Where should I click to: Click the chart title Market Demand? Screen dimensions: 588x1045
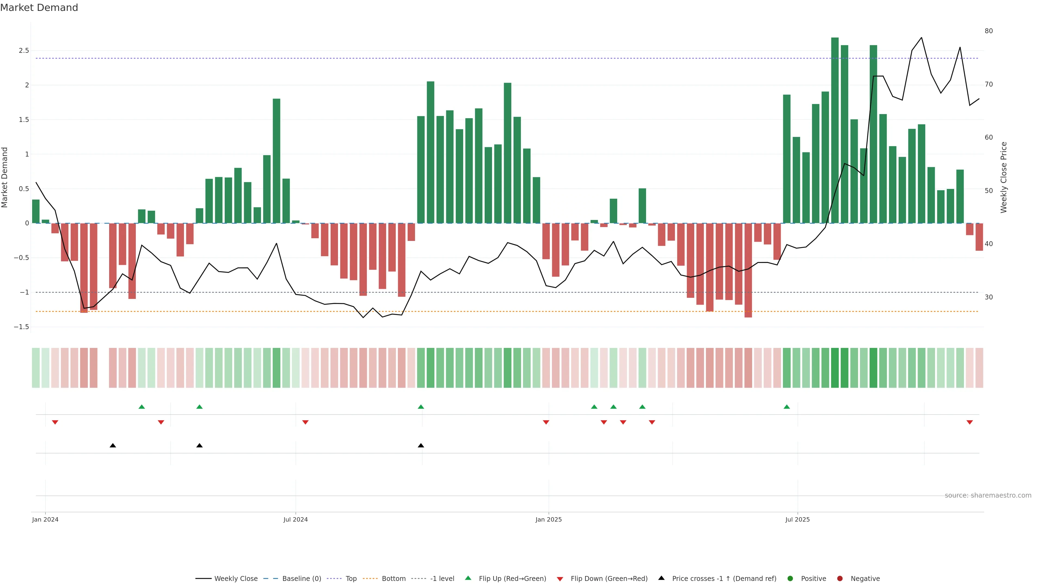click(x=39, y=8)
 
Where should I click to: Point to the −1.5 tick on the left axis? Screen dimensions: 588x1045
click(x=21, y=327)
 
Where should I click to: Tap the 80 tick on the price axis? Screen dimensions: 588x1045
click(x=989, y=31)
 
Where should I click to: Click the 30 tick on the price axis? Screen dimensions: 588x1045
click(x=989, y=297)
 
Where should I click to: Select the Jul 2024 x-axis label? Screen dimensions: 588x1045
click(x=295, y=519)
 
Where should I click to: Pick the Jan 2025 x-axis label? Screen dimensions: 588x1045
click(x=548, y=519)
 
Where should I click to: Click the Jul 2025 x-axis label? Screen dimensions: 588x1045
click(x=797, y=519)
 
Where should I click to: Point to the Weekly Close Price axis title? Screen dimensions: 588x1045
click(x=1004, y=177)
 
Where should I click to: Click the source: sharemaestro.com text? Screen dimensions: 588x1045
click(x=988, y=495)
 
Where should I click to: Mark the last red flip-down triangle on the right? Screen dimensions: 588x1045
click(x=970, y=422)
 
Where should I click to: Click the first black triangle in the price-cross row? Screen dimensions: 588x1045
click(x=113, y=446)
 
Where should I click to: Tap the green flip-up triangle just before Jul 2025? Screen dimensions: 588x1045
click(x=786, y=407)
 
